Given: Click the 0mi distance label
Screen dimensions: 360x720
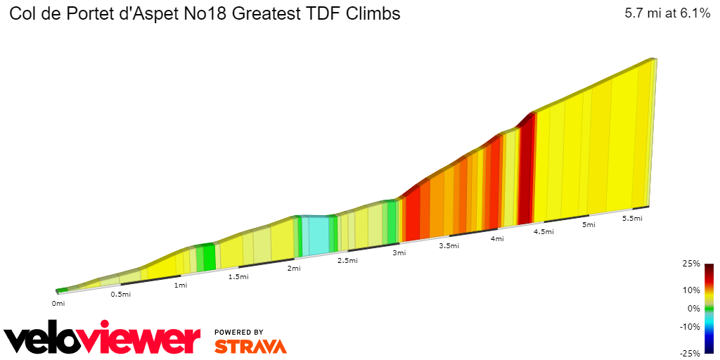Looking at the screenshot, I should pos(58,304).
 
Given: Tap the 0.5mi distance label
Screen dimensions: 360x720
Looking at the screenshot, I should pos(121,294).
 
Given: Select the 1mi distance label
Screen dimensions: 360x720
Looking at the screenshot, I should pos(181,285).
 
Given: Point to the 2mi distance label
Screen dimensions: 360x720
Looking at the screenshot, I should pos(294,269).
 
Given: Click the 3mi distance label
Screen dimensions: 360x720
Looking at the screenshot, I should pos(399,253).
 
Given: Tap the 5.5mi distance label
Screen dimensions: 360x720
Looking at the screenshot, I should pos(633,219).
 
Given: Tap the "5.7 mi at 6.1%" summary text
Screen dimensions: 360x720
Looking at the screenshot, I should pos(667,13).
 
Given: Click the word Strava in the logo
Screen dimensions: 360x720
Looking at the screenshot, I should pos(250,347).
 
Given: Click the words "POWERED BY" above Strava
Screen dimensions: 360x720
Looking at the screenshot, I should pos(239,332).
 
